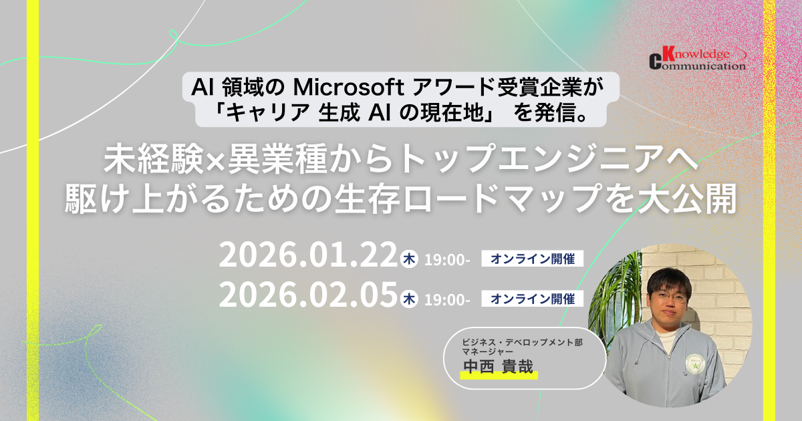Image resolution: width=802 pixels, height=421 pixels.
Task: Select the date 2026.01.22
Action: [x=308, y=257]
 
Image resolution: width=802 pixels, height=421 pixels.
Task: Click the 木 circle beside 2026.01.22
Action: [x=408, y=259]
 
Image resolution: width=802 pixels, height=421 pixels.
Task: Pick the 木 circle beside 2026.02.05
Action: [x=408, y=299]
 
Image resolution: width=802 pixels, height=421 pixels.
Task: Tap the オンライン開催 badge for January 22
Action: [x=533, y=259]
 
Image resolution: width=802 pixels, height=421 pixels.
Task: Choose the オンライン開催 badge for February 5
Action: [x=533, y=299]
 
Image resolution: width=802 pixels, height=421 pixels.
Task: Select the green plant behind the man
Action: [x=614, y=294]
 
